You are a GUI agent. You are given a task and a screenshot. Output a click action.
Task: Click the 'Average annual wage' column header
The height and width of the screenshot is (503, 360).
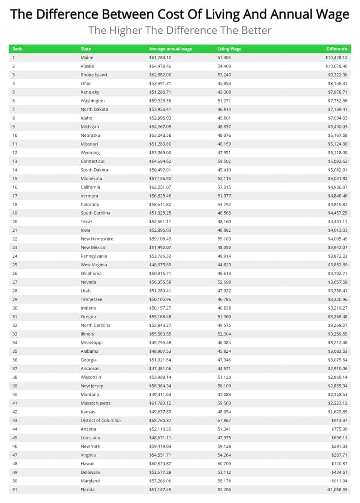pos(171,49)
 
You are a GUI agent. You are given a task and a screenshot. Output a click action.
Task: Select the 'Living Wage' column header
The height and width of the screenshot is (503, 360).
pos(229,49)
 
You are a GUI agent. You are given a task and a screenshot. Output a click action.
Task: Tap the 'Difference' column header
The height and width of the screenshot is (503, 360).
pos(337,49)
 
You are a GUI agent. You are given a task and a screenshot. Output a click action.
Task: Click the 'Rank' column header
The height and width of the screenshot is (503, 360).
pos(18,49)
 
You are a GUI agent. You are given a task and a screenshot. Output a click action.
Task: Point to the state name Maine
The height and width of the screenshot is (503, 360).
pos(87,58)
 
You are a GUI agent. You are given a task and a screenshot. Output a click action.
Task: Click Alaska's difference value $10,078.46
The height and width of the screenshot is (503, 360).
pos(333,66)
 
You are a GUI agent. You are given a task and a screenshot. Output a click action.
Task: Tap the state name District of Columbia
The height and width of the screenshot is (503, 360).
pos(100,420)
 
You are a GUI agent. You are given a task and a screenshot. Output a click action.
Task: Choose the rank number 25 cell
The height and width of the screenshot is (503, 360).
pos(15,265)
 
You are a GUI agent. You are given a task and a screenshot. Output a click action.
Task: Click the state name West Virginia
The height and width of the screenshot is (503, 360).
pos(94,265)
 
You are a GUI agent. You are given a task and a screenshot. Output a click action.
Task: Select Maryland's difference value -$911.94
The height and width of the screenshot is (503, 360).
pos(335,481)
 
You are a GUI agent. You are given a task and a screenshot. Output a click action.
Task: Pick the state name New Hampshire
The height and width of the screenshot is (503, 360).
pos(97,239)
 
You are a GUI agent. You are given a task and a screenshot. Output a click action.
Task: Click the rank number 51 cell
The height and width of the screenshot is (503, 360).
pos(15,490)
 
